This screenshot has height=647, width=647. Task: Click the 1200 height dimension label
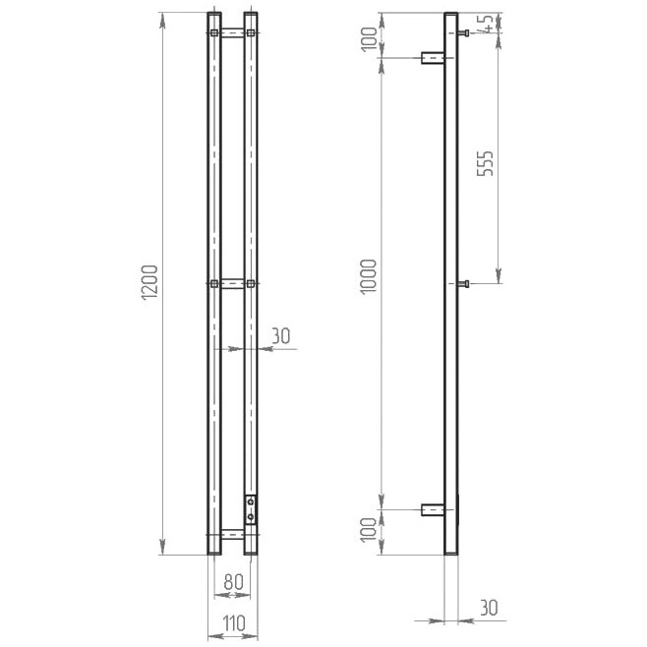point(149,282)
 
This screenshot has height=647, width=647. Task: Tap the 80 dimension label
point(234,582)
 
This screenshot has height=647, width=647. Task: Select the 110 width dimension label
point(234,623)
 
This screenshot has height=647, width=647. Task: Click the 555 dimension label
point(486,163)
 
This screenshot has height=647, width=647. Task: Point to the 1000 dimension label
point(368,276)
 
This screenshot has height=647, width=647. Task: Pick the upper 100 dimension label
point(370,38)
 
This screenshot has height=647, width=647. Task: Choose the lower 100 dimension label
point(369,530)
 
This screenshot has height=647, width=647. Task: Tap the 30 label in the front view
point(281,336)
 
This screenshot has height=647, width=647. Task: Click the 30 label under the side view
point(489,608)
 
